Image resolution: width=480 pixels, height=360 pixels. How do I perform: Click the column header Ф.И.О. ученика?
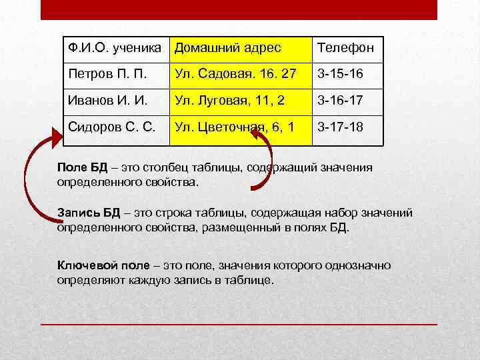[115, 48]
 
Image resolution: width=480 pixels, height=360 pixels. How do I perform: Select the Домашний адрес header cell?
[227, 48]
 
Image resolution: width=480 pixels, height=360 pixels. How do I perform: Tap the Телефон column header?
[345, 48]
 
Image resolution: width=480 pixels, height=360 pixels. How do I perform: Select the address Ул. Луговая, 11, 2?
[229, 100]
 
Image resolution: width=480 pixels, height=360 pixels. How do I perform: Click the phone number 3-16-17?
[340, 100]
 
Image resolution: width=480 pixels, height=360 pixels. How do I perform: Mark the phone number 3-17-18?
[340, 126]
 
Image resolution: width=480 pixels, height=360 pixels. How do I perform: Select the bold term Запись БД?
[89, 213]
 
